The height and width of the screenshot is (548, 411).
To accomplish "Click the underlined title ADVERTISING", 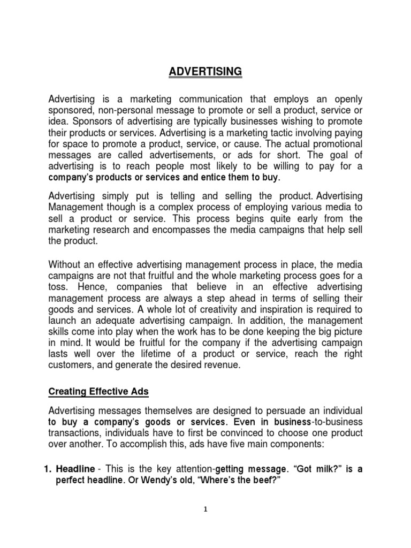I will (205, 71).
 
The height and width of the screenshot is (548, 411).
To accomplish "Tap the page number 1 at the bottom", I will (205, 509).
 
